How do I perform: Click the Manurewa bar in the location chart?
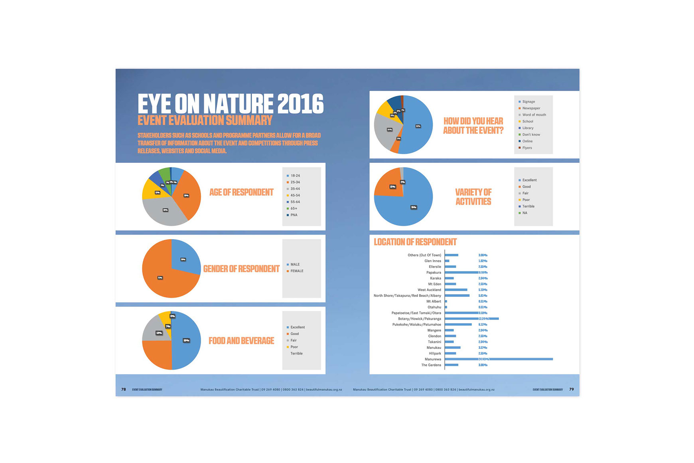click(499, 359)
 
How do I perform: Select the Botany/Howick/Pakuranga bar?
click(471, 319)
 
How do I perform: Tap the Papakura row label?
click(434, 273)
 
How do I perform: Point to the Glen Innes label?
click(432, 261)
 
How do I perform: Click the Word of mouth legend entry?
click(534, 115)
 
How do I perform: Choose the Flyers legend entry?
click(527, 148)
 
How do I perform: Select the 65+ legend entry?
click(294, 208)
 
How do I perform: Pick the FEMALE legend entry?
click(296, 271)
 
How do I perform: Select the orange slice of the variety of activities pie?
click(389, 184)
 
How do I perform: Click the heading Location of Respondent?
click(415, 242)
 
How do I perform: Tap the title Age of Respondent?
click(241, 192)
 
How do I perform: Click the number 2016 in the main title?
click(300, 104)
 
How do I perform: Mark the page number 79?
click(571, 390)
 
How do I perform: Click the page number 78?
click(124, 390)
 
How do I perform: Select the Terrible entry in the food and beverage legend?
click(296, 354)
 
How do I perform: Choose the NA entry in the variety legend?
click(524, 213)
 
